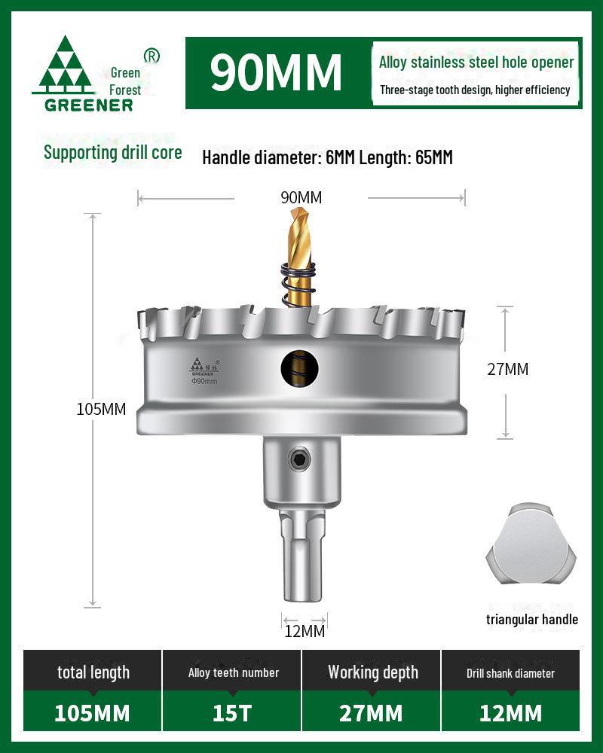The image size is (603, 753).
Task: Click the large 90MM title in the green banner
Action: tap(276, 72)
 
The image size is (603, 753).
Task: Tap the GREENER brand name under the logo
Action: tap(88, 105)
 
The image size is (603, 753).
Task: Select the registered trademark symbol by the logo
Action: tap(151, 55)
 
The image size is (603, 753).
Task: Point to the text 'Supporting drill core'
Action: tap(113, 152)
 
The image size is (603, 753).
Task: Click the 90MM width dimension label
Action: tap(301, 198)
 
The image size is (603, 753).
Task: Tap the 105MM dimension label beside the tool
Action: tap(101, 409)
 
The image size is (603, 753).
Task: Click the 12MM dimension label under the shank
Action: tap(305, 631)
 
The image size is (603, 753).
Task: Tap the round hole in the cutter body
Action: tap(300, 367)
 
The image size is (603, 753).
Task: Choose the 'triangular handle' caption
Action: tap(532, 620)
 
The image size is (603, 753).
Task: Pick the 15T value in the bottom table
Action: tap(232, 712)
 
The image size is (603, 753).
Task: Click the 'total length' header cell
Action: tap(93, 672)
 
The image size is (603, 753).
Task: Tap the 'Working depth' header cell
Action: tap(372, 672)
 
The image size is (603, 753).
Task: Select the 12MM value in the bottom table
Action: tap(510, 712)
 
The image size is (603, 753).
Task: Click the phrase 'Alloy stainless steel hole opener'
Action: tap(476, 62)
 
